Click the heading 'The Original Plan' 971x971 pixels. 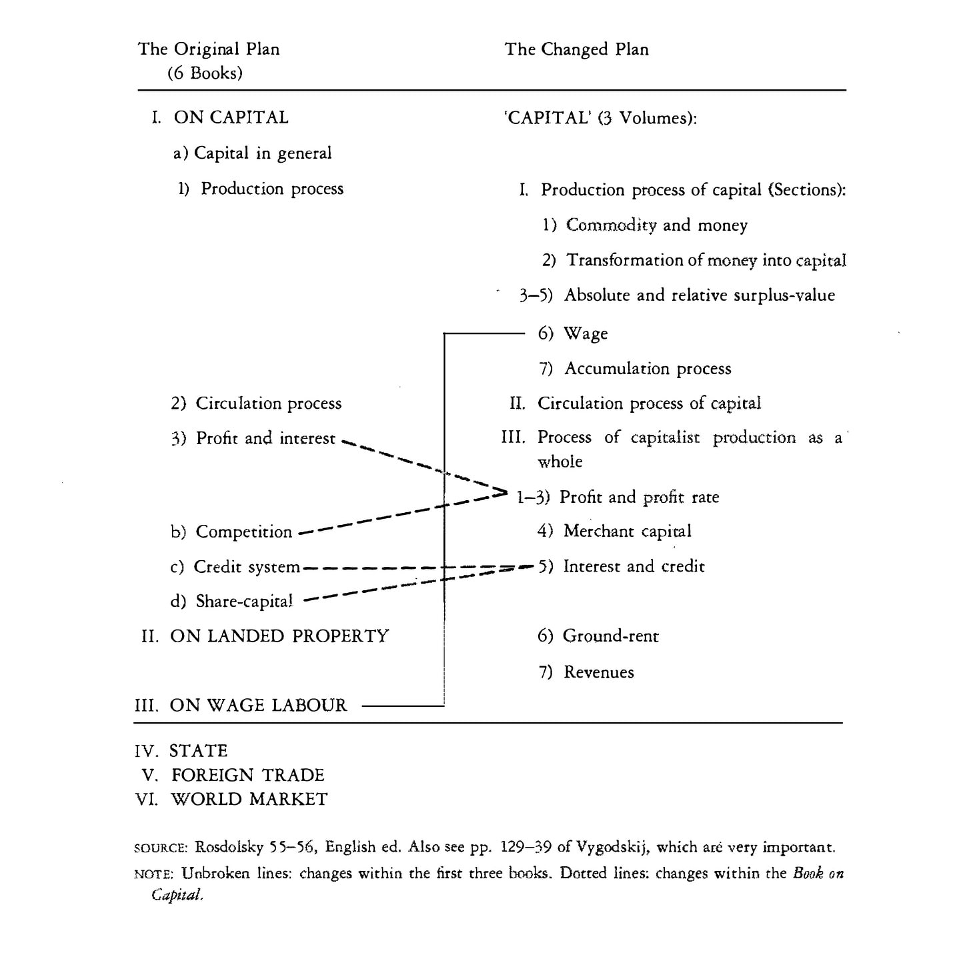[209, 49]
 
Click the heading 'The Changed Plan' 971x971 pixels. [576, 49]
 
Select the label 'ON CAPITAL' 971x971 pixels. [231, 117]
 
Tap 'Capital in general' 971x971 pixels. [262, 153]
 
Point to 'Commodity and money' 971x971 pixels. [656, 225]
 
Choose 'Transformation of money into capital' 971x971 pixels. [706, 260]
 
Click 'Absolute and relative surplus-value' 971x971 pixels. [699, 295]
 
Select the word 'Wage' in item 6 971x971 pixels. [586, 333]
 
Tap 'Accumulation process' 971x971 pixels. [648, 369]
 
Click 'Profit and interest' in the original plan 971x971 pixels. [265, 439]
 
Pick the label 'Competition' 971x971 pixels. [243, 532]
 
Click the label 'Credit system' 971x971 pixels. [247, 567]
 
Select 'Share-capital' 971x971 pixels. [244, 602]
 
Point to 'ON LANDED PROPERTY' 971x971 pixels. [279, 636]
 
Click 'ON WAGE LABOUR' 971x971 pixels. [258, 706]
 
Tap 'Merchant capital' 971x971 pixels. [627, 532]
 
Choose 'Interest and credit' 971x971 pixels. [634, 567]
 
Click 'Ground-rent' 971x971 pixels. [610, 636]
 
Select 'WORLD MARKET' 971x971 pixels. [249, 800]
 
